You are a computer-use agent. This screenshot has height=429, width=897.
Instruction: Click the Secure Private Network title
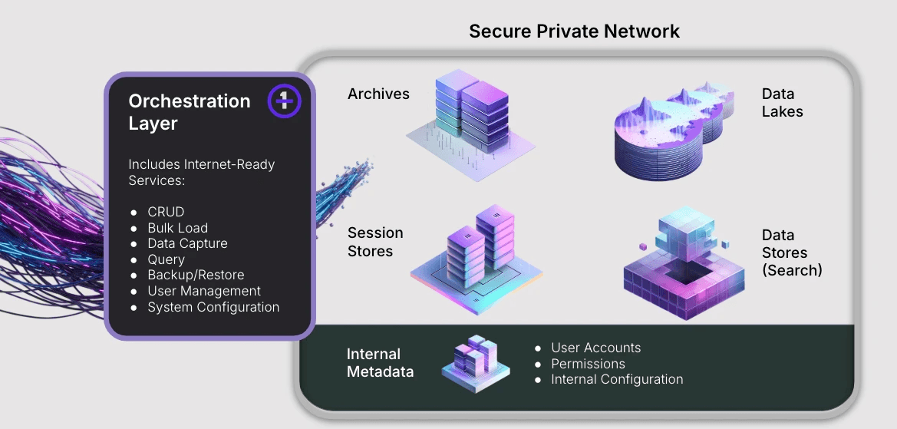point(574,31)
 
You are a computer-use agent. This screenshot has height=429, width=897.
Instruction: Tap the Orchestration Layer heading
point(190,112)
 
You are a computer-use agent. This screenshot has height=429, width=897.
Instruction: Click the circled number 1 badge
point(284,101)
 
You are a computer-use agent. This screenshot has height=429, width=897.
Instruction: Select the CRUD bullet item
point(166,212)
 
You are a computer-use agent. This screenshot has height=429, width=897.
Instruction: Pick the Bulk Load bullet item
point(177,228)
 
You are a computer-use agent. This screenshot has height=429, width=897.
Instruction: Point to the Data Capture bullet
point(187,243)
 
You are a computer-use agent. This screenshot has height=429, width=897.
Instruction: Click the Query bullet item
point(166,259)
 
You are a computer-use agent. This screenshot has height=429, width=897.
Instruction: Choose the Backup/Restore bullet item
point(196,275)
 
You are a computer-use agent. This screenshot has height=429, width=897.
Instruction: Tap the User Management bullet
point(204,291)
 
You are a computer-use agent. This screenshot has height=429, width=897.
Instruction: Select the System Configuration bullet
point(213,307)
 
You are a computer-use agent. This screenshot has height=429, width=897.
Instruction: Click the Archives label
point(378,94)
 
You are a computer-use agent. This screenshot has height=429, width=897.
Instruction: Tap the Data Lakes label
point(782,103)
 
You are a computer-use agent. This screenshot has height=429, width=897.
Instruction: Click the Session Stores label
point(375,242)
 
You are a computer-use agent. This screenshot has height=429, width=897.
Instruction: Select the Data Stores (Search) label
point(792,252)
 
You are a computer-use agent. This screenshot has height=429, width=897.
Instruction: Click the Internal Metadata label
point(380,363)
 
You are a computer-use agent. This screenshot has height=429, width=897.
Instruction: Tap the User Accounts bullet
point(595,348)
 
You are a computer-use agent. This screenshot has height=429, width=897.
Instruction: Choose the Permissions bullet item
point(588,364)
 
